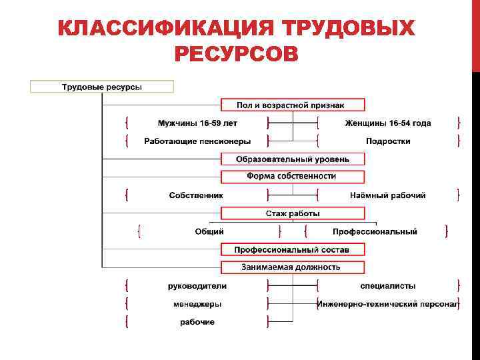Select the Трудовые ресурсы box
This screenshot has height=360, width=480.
101,87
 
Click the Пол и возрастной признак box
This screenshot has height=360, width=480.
293,105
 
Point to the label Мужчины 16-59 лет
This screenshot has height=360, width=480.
197,123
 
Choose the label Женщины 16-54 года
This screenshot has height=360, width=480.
387,123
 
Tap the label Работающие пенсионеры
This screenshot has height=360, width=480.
197,141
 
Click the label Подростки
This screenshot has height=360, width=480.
387,141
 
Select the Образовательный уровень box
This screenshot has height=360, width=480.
293,159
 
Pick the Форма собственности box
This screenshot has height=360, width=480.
293,177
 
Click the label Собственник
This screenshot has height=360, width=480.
196,195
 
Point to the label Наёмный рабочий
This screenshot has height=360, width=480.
387,195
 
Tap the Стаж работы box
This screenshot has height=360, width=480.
293,213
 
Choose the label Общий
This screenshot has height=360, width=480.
209,231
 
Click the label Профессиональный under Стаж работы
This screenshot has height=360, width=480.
375,231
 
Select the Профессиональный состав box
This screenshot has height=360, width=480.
293,249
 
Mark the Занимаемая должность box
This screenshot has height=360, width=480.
293,267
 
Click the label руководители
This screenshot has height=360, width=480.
197,286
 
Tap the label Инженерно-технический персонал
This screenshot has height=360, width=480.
387,304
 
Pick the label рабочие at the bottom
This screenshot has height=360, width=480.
197,322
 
